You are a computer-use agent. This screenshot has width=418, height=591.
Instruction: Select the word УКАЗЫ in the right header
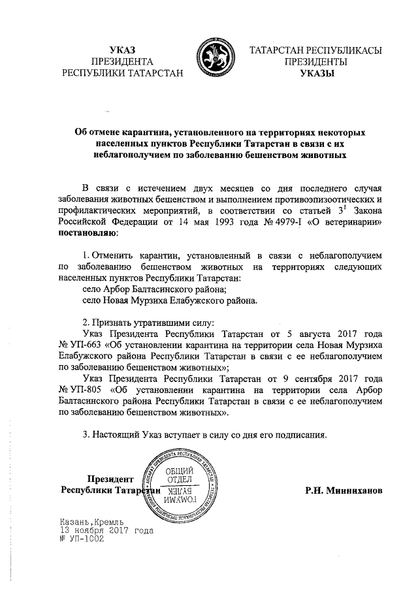[x=315, y=74]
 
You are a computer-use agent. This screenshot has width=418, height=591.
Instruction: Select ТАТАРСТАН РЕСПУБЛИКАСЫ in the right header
[x=316, y=50]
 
